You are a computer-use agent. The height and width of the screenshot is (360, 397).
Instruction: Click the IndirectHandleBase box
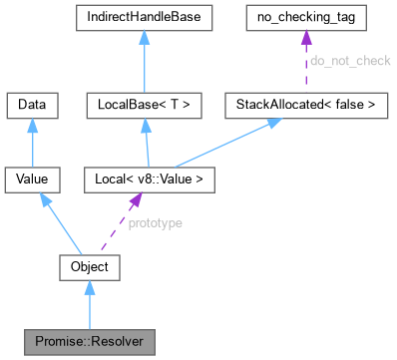(146, 18)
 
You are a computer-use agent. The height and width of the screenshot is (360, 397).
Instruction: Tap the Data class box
(34, 103)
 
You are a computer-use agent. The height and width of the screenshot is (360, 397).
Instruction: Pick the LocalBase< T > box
(146, 103)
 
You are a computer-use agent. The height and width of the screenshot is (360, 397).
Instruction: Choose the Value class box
(34, 180)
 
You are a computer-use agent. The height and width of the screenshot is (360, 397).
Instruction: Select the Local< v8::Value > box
(146, 180)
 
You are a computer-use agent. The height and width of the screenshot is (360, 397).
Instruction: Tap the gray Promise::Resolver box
(90, 342)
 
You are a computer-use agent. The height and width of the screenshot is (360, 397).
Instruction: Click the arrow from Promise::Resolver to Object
(90, 304)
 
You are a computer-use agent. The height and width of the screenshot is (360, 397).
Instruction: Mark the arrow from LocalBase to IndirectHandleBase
(146, 61)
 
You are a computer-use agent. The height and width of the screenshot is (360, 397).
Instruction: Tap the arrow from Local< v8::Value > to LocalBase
(146, 142)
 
